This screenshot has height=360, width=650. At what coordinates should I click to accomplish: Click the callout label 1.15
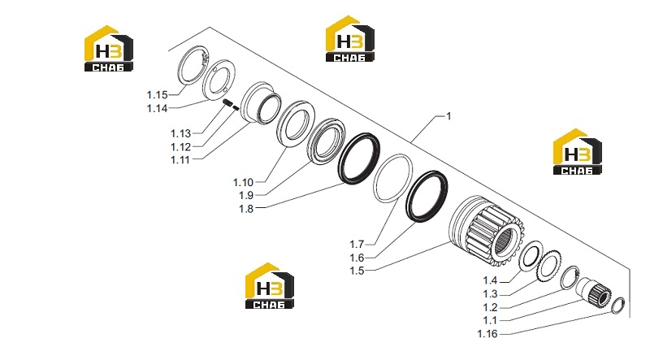(157, 95)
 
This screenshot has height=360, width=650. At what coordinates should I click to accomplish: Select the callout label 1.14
(157, 109)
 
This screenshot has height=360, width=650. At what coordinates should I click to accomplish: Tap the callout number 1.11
(180, 159)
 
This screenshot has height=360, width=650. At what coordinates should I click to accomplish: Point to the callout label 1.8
(246, 209)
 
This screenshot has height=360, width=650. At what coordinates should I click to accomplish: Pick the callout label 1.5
(357, 271)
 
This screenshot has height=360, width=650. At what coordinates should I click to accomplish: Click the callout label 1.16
(487, 334)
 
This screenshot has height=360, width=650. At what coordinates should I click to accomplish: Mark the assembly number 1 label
(448, 116)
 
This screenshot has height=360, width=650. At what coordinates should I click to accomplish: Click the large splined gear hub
(486, 230)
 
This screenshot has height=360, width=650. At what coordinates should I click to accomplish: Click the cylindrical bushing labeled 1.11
(261, 103)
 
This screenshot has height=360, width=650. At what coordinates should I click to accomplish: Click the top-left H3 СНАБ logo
(109, 49)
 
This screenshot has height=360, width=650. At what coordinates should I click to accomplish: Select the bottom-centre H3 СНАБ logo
(270, 286)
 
